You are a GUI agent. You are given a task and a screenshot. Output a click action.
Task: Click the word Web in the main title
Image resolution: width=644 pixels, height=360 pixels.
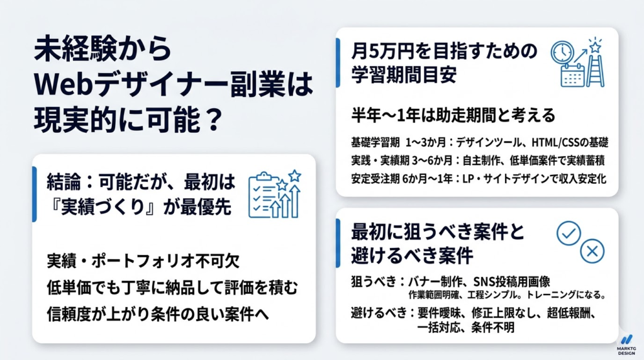click(60, 83)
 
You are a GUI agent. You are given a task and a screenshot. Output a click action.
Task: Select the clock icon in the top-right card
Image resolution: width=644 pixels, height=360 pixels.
click(562, 52)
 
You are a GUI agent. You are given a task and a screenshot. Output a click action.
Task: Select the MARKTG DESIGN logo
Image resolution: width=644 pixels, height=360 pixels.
click(626, 345)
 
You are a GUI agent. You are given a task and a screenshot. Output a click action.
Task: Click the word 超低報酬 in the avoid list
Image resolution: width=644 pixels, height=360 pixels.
click(569, 312)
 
